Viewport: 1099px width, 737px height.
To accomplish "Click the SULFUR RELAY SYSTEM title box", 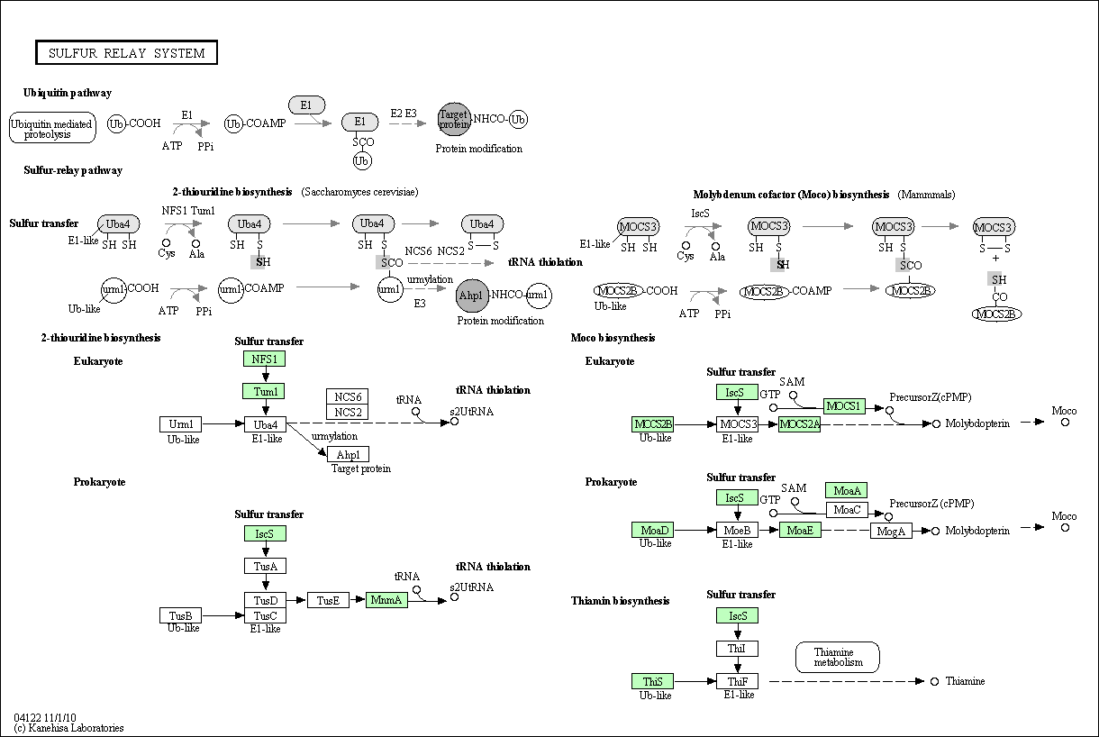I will (x=126, y=53).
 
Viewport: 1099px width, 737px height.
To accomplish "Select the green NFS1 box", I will (x=264, y=359).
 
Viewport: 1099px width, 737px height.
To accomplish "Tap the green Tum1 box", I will (x=264, y=391).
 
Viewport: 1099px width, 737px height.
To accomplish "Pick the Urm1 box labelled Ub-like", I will (x=181, y=423).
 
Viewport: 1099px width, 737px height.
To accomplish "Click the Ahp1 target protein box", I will (x=348, y=454).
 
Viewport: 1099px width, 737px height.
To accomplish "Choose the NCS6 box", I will (x=348, y=397).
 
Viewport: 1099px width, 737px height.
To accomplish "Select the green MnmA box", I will (x=387, y=599).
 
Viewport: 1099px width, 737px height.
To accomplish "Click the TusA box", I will (x=265, y=566).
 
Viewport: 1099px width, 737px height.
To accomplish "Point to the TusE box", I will (x=328, y=600).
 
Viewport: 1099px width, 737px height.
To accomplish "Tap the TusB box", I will (x=180, y=615).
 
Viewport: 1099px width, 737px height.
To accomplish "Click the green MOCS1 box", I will (x=844, y=406).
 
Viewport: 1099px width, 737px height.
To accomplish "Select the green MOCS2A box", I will (x=800, y=423).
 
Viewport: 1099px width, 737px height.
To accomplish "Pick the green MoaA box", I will (x=847, y=490).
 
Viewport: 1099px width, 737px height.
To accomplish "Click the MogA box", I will (x=891, y=531).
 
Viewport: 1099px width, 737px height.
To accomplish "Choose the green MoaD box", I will (x=652, y=530).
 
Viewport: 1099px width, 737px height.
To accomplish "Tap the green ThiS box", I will (x=652, y=681).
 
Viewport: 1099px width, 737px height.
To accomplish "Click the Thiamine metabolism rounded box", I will (x=838, y=657).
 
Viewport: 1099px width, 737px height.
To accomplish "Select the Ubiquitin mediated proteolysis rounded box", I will (x=52, y=129).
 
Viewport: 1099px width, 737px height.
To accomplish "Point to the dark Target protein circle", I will (x=454, y=119).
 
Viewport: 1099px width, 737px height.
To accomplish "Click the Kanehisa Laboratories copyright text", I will (x=69, y=728).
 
